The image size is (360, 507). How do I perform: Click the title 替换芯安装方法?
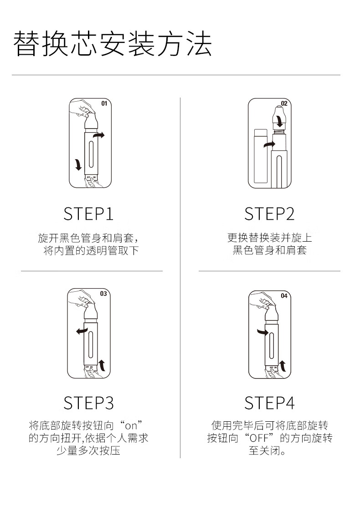113,44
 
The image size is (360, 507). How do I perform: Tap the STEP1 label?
88,214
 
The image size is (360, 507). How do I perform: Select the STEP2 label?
269,214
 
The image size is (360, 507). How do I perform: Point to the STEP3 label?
88,403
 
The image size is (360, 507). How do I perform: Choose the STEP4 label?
269,403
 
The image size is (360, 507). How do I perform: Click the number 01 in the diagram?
104,103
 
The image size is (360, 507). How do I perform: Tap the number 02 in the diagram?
284,103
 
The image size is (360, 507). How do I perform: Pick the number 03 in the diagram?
103,294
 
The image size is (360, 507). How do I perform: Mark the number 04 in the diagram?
284,295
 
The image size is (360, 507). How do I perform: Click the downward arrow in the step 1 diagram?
78,164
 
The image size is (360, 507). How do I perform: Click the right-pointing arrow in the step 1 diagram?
98,135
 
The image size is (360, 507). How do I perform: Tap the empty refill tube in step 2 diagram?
261,155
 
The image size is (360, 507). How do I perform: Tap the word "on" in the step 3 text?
131,426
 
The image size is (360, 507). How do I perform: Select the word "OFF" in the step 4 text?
259,438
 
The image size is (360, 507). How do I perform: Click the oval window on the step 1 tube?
92,153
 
